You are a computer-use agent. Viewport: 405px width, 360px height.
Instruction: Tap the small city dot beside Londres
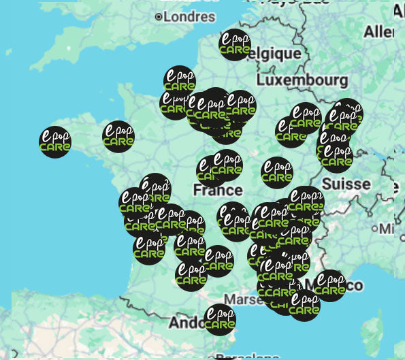[x=159, y=16]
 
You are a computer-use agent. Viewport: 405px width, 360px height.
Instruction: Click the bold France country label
[x=217, y=189]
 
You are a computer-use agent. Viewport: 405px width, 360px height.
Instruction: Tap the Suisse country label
[x=346, y=184]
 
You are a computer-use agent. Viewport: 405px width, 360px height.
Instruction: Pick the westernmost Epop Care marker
[x=55, y=142]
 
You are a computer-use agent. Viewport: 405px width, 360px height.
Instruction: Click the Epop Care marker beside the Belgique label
[x=235, y=44]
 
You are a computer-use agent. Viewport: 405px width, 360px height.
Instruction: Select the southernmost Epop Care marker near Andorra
[x=220, y=320]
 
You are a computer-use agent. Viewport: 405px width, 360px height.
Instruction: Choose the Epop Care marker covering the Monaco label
[x=330, y=286]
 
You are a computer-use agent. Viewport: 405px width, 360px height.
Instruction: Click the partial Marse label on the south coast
[x=239, y=299]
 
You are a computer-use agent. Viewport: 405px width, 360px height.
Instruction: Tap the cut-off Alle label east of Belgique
[x=379, y=32]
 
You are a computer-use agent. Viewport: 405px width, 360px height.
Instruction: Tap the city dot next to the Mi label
[x=375, y=229]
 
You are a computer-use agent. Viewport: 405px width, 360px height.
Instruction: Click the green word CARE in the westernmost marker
[x=55, y=147]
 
